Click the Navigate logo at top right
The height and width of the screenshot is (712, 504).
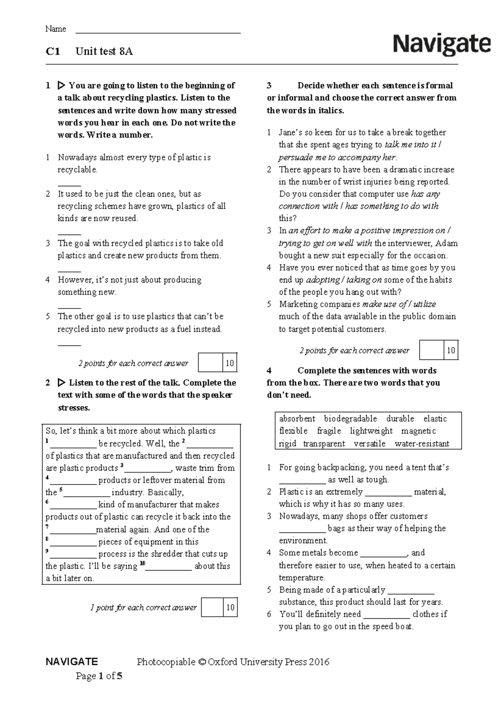(x=442, y=44)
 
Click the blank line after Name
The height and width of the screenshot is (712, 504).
(x=157, y=30)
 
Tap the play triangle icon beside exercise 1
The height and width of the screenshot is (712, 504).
(x=61, y=86)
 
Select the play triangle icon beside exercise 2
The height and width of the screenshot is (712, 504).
(x=61, y=383)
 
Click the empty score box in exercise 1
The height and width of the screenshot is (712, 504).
(x=210, y=363)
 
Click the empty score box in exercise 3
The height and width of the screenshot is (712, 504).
(x=431, y=351)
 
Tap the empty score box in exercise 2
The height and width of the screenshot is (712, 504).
(x=213, y=607)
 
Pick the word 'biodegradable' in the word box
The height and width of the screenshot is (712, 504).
(x=350, y=419)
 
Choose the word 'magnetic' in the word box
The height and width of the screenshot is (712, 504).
(x=418, y=431)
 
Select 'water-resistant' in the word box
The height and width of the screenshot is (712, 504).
(x=422, y=444)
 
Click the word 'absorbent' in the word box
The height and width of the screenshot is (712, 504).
(x=297, y=419)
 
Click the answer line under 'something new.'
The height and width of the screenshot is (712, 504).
(x=69, y=306)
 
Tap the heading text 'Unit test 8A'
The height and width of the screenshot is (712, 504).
(x=104, y=52)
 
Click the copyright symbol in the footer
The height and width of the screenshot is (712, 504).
(x=202, y=662)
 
